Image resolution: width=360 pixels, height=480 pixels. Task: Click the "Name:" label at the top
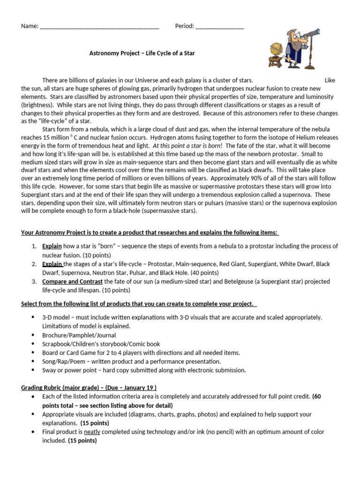tap(30, 26)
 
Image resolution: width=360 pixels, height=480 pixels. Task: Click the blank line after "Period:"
tap(220, 27)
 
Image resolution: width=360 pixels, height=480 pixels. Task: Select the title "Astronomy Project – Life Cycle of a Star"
tap(142, 53)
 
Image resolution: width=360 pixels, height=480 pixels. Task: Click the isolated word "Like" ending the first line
tap(330, 80)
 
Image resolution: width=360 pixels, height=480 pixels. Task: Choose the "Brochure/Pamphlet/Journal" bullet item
tap(79, 335)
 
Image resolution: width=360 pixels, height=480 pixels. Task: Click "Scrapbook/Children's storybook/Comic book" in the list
tap(101, 344)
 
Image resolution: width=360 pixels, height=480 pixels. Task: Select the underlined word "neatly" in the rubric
tap(92, 432)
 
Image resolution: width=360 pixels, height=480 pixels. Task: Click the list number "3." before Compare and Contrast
tap(34, 281)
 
